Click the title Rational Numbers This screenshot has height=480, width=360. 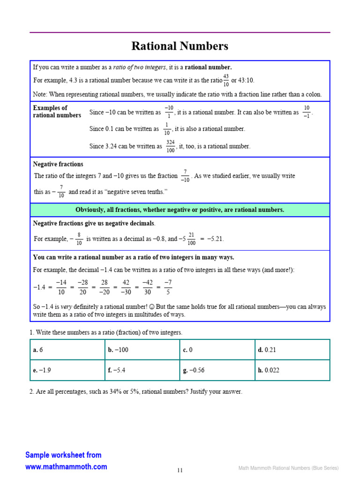(180, 46)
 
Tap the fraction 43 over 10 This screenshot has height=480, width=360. (226, 80)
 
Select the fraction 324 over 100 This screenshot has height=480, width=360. (170, 146)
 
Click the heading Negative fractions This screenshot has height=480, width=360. (58, 165)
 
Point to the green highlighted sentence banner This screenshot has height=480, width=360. (180, 210)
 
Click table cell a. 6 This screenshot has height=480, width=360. (67, 350)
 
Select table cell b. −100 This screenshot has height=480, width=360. (142, 350)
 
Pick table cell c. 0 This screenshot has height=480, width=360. (217, 350)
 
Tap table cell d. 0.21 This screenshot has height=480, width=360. (292, 350)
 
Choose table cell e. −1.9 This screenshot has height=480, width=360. (67, 370)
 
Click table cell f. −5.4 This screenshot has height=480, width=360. (142, 370)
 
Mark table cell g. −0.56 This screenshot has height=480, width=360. (217, 370)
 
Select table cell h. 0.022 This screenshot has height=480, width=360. (292, 370)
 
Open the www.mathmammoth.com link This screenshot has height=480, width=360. (66, 466)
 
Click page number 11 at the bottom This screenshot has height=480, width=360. (180, 470)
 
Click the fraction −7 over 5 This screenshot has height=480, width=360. (168, 287)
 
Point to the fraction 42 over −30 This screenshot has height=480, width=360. (126, 287)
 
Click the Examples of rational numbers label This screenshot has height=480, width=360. (57, 112)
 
